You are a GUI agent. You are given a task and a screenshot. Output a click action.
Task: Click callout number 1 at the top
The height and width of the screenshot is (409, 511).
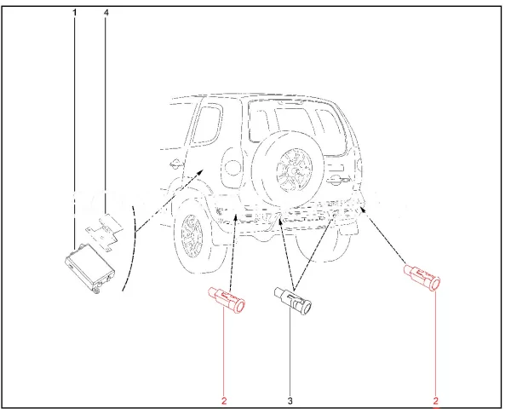(x=75, y=13)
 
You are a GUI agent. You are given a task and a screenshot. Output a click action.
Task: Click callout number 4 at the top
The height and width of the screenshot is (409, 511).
(x=106, y=13)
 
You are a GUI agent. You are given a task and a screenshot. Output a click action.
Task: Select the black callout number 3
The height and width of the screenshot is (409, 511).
(x=290, y=400)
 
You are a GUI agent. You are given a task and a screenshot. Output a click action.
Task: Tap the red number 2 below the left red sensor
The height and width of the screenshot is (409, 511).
(x=224, y=400)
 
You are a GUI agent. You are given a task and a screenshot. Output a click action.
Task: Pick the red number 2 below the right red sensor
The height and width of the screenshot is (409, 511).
(x=436, y=400)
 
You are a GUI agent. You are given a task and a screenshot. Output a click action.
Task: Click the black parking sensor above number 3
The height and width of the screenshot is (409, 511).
(x=293, y=298)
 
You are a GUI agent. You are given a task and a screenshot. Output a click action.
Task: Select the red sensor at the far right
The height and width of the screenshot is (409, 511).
(x=422, y=277)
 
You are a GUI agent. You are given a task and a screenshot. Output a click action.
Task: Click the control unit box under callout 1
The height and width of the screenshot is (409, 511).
(x=89, y=268)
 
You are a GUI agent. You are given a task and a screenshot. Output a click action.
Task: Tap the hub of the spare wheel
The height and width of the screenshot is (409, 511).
(x=295, y=170)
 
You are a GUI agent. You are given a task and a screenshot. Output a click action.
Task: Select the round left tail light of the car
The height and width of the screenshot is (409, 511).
(x=232, y=166)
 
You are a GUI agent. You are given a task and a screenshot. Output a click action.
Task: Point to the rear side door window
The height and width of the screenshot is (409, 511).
(x=206, y=124)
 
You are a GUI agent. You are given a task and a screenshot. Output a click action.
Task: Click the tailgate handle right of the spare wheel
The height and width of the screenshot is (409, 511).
(x=339, y=178)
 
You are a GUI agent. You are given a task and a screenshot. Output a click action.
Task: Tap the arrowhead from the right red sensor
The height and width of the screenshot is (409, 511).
(x=364, y=209)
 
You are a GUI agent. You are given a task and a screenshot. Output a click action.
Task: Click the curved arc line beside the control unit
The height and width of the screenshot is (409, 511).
(x=132, y=248)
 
